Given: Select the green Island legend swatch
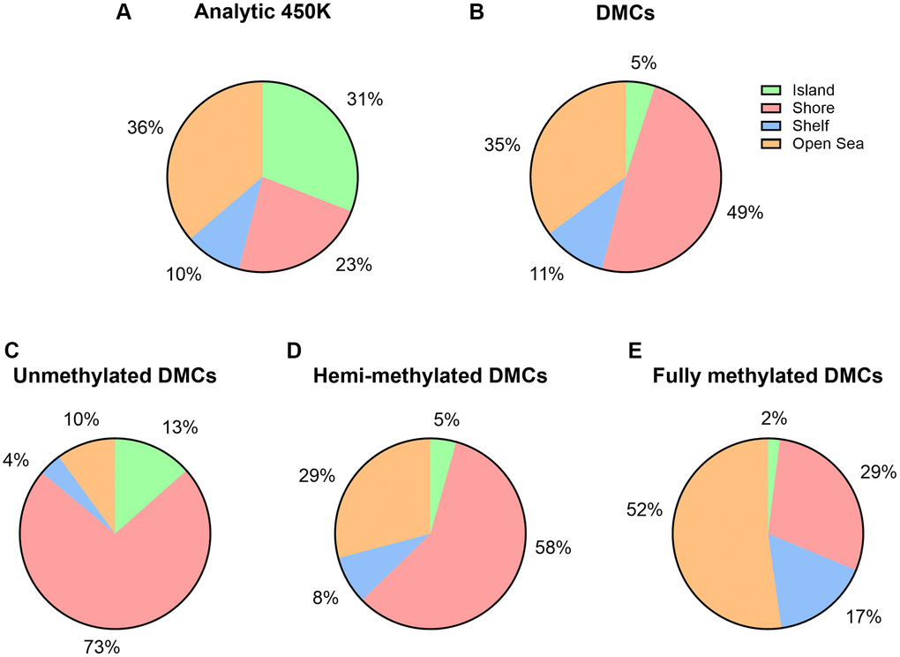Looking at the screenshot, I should (771, 90).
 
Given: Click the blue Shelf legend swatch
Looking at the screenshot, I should (771, 126).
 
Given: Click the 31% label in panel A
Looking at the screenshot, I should (364, 100).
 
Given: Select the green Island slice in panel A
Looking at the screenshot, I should (309, 141).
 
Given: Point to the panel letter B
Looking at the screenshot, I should (478, 15).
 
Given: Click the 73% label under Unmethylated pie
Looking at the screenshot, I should (101, 647).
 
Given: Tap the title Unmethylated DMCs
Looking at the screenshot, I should (115, 376).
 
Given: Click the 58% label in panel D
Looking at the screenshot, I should (553, 548).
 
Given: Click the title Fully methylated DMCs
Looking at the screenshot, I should (768, 376).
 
